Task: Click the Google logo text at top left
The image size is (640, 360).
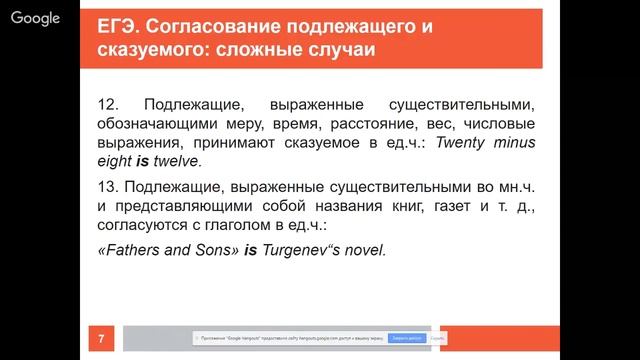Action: click(x=36, y=17)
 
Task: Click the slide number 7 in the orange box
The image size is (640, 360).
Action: click(x=100, y=340)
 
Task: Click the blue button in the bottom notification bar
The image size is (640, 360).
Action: click(x=397, y=339)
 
